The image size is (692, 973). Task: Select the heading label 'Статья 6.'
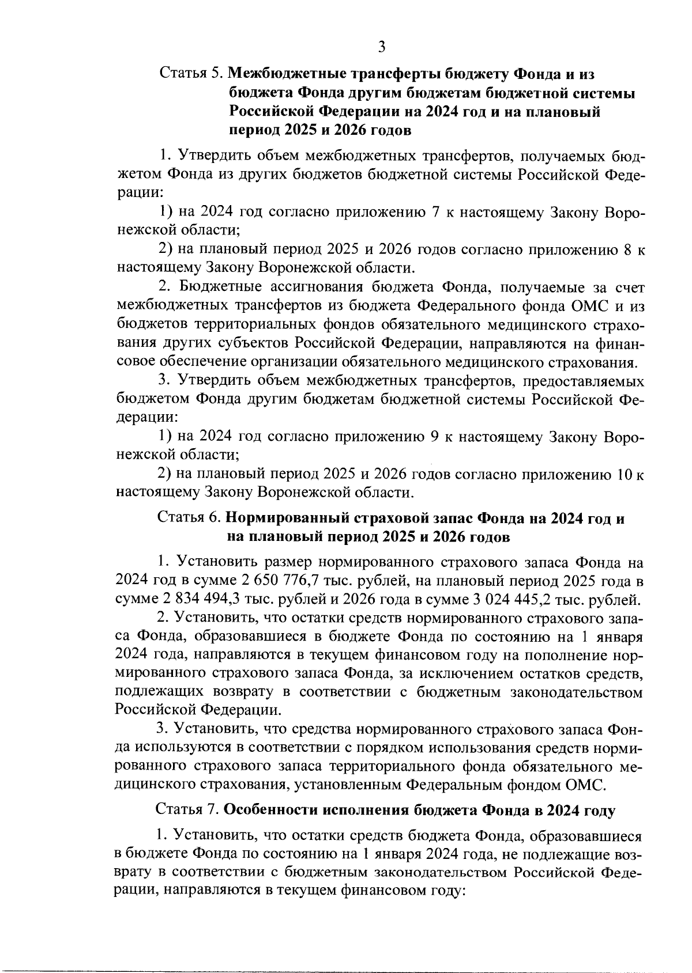[189, 518]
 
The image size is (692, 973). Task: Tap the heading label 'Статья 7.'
[187, 811]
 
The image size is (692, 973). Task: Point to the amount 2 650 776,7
[252, 581]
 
